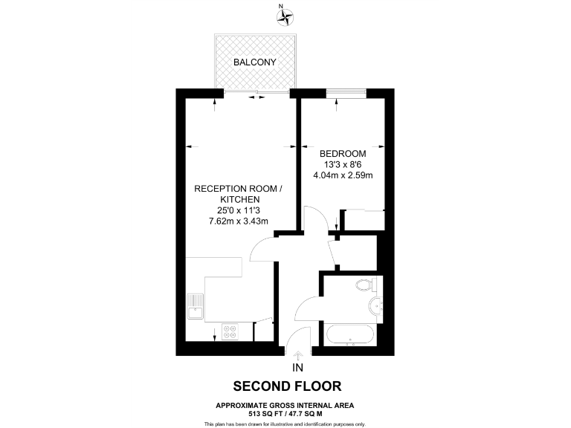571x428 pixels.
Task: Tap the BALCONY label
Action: tap(255, 62)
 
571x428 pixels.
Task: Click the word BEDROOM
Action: tap(343, 153)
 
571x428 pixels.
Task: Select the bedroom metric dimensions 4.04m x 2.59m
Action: tap(343, 175)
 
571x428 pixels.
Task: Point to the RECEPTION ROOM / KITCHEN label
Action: tap(238, 195)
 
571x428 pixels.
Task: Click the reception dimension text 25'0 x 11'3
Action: tap(238, 210)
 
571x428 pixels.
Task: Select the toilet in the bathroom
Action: tap(366, 285)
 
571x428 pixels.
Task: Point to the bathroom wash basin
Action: tap(376, 306)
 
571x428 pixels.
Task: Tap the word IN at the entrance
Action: tap(298, 368)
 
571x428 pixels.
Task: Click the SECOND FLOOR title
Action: tap(287, 386)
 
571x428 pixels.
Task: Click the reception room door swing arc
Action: tap(264, 249)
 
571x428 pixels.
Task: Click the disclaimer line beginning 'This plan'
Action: tap(285, 424)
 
